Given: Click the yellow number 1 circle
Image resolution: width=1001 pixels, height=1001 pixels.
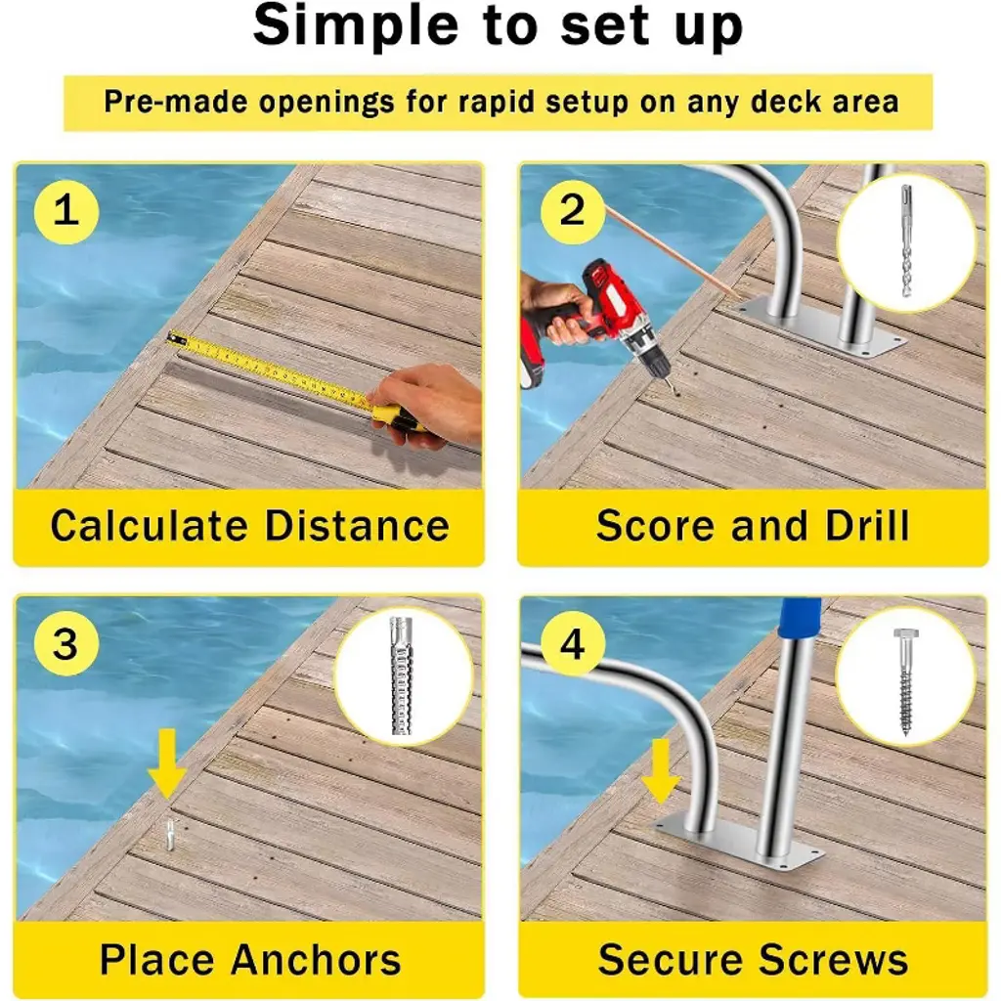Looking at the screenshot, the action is (66, 211).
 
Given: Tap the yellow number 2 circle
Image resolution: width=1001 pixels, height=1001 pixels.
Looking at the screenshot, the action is (573, 211).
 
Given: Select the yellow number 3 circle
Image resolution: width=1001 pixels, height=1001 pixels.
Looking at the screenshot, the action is (66, 643).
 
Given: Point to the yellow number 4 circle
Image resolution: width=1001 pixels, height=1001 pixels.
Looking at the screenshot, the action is (573, 643).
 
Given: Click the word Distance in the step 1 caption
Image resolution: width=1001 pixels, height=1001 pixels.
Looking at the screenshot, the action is (357, 526).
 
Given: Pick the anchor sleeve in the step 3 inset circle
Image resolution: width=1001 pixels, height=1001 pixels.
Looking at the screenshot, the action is (400, 676).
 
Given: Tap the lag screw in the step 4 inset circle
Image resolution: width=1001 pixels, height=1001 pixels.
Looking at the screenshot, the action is (905, 681).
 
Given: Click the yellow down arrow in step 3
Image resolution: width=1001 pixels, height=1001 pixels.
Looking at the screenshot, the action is (167, 764).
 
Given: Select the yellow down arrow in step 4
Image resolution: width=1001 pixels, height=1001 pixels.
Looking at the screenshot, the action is (661, 771).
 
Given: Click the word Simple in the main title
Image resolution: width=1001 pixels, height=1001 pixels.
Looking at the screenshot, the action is (356, 26).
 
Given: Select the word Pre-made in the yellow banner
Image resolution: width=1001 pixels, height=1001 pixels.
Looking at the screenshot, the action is (176, 102).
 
